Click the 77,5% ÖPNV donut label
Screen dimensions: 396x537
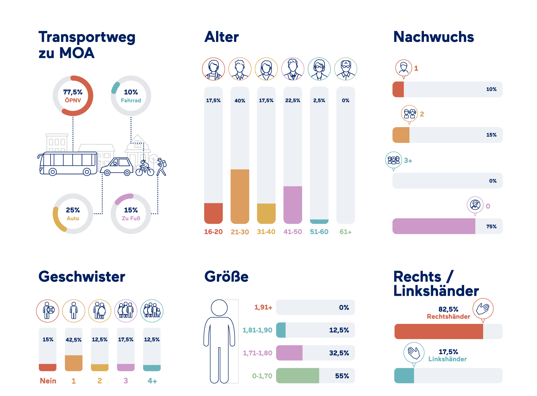[73, 96]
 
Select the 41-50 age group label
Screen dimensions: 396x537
[293, 232]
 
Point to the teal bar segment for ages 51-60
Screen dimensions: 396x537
[319, 221]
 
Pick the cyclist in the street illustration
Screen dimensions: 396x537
[145, 168]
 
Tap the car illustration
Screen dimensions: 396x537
[117, 167]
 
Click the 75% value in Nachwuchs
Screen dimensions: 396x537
[491, 226]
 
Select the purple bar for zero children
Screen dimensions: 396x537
[433, 226]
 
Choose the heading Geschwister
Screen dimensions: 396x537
[82, 276]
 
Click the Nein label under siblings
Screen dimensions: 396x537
[48, 381]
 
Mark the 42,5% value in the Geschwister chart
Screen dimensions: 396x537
[73, 340]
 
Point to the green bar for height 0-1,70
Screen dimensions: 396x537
[297, 376]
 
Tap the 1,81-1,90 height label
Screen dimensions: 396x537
[257, 330]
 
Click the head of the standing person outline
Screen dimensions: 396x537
[219, 308]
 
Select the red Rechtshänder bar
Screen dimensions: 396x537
[438, 331]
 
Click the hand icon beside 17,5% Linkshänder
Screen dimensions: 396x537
[414, 353]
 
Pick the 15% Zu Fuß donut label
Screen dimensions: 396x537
[131, 214]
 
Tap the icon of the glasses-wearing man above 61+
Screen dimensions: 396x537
[345, 69]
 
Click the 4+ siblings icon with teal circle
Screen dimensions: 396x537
[152, 311]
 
